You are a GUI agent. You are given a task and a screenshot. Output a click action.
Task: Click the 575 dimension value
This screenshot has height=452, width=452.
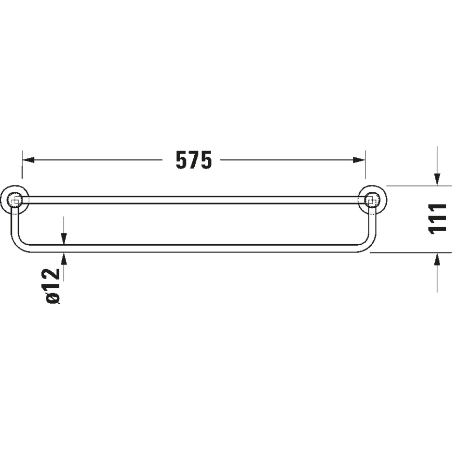[x=193, y=160]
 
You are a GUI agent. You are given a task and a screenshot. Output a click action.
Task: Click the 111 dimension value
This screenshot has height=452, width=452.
[x=438, y=218]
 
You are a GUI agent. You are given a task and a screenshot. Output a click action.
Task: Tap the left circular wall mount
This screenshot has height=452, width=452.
[x=16, y=199]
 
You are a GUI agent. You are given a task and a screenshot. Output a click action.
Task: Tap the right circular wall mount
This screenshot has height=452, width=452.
[x=371, y=199]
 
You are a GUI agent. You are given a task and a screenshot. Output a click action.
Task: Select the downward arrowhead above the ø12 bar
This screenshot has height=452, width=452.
[x=63, y=238]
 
